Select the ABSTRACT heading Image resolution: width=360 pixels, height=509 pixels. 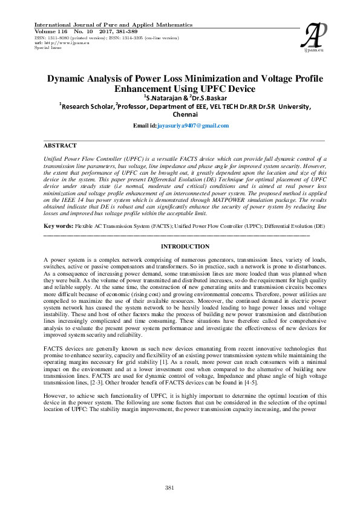pos(61,146)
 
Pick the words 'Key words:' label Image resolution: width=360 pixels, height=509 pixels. pos(58,225)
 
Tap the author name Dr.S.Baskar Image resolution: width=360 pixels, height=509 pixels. pos(208,97)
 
